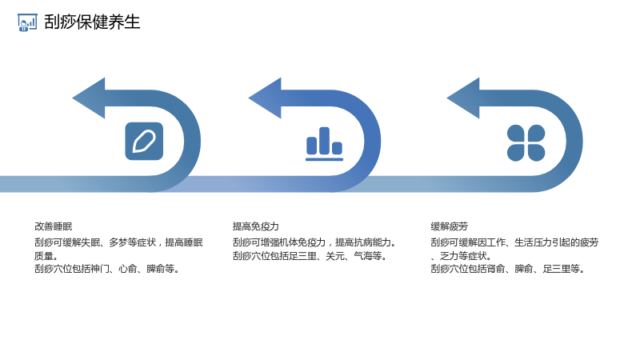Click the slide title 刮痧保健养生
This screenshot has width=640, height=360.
(x=92, y=22)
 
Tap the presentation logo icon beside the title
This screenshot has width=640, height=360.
(x=27, y=22)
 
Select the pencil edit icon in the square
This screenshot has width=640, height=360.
(x=144, y=142)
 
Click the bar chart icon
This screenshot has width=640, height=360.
(x=325, y=144)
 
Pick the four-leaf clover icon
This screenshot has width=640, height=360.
(x=526, y=143)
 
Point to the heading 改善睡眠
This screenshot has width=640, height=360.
(x=53, y=226)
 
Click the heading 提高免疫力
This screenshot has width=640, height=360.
(x=255, y=226)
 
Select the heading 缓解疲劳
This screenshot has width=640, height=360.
(x=449, y=226)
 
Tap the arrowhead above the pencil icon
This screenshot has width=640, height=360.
(x=89, y=98)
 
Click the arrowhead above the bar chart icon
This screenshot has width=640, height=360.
(x=265, y=98)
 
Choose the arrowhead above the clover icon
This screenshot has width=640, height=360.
(x=463, y=98)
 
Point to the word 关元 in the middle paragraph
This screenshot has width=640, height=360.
(x=334, y=256)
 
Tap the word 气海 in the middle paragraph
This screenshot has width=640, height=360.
(x=363, y=256)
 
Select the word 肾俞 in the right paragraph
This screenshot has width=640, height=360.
(x=496, y=269)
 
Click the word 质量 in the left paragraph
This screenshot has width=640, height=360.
(x=44, y=256)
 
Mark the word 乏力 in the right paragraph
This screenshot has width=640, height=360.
(x=449, y=256)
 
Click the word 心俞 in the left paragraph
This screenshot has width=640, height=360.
(x=128, y=269)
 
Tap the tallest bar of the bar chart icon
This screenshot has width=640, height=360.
(x=325, y=141)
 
